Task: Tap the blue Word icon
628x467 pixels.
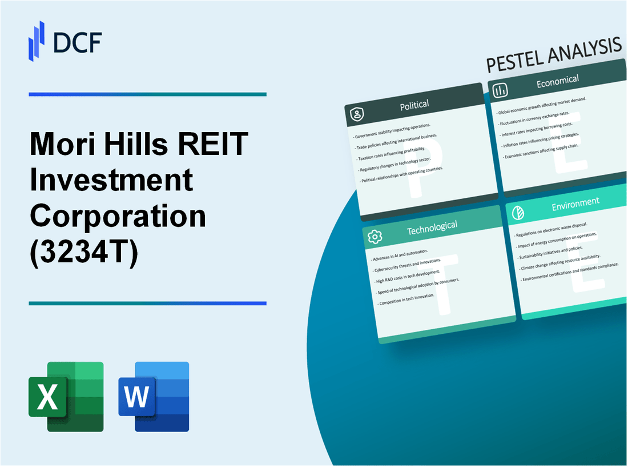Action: coord(154,396)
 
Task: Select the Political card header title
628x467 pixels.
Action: coord(415,105)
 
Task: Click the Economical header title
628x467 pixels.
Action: coord(557,81)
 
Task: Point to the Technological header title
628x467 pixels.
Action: coord(432,227)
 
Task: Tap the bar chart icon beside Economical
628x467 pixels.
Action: coord(501,90)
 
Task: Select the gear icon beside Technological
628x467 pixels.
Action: coord(375,237)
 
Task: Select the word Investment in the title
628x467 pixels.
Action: coord(111,181)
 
